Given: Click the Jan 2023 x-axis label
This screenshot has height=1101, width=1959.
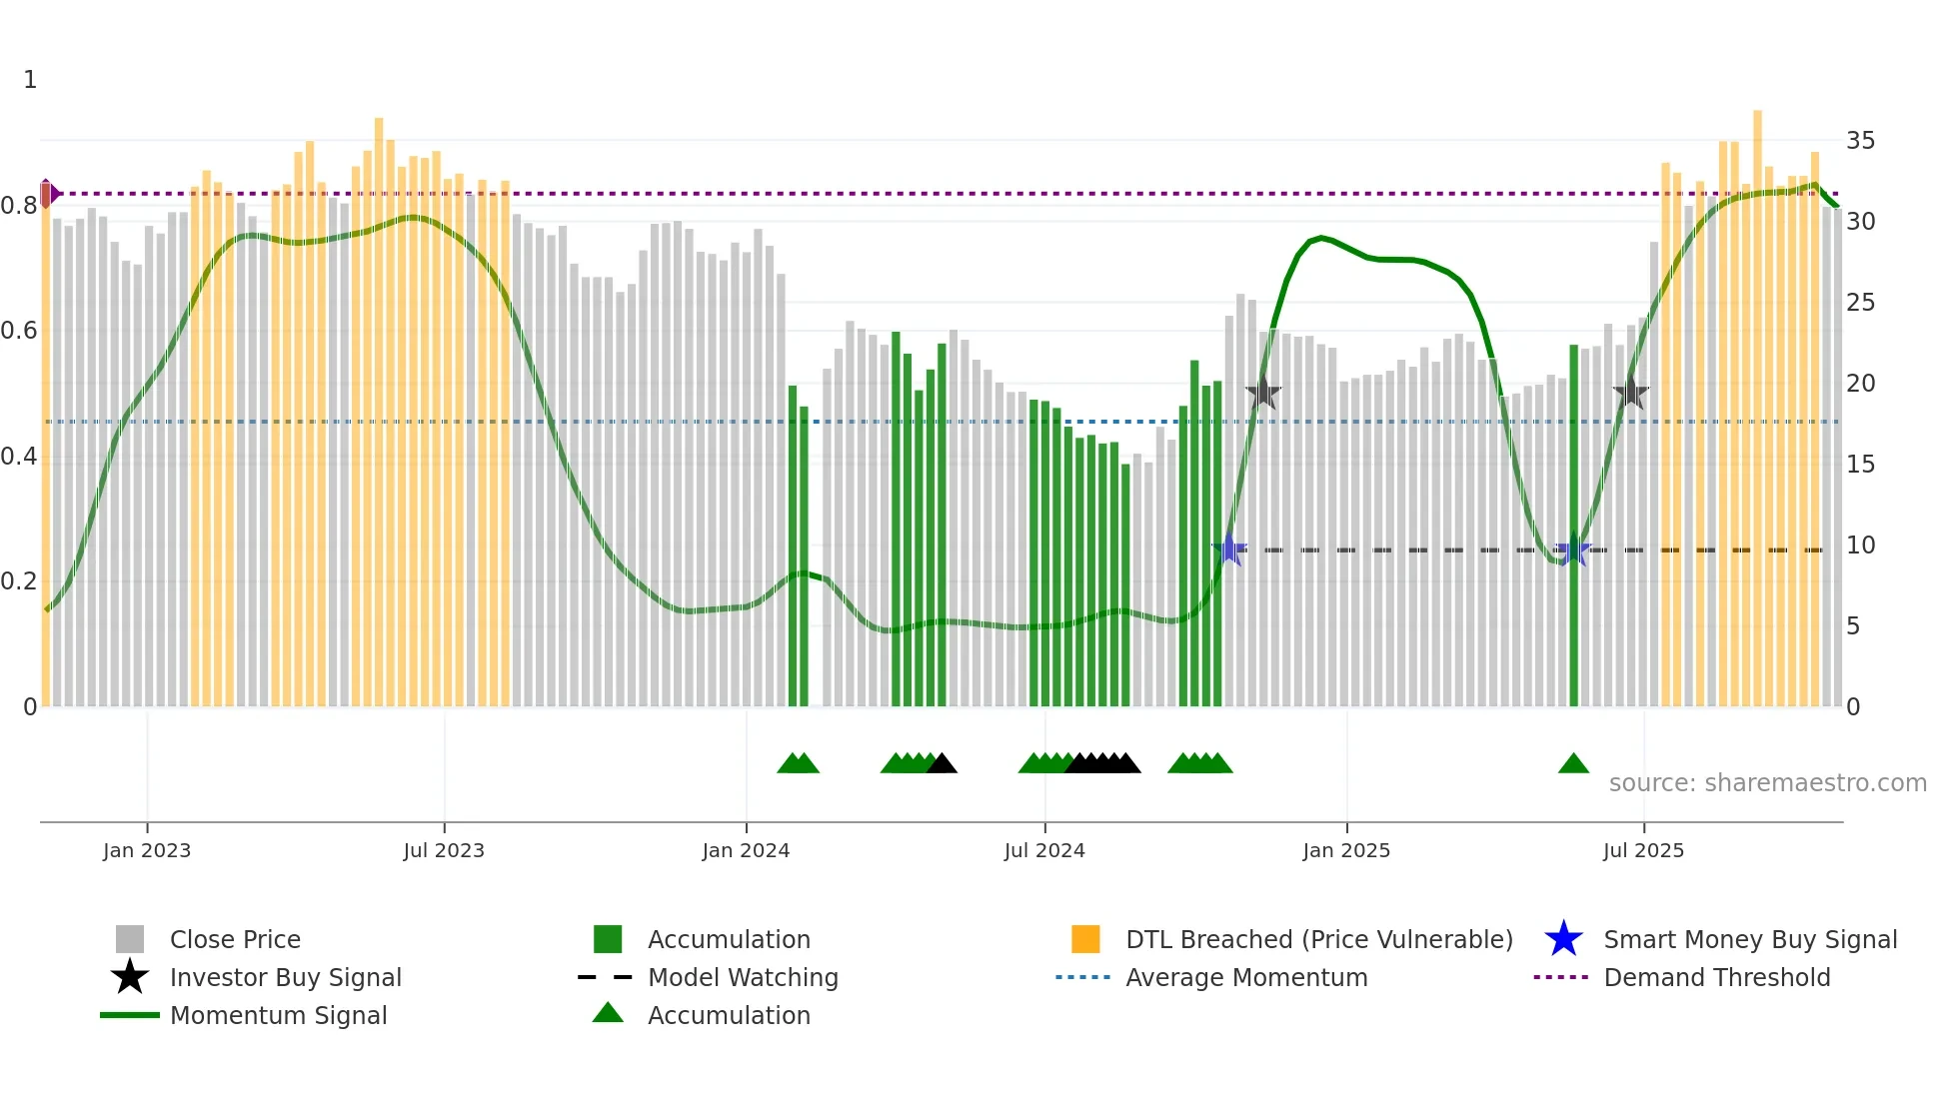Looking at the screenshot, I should (x=147, y=850).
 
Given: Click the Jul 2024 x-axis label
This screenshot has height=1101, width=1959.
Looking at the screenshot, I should (x=1044, y=850).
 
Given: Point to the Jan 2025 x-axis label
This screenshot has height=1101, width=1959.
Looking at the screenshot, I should (x=1346, y=850).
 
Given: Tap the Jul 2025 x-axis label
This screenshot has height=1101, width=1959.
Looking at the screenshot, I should (x=1643, y=850).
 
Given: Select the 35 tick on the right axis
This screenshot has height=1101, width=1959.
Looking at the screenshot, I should (x=1860, y=141).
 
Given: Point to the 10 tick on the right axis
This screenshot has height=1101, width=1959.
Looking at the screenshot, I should (x=1860, y=546).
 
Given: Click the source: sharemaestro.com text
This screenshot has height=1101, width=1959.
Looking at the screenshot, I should (x=1767, y=783).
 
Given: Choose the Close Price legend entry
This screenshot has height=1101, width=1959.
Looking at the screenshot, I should (x=235, y=939).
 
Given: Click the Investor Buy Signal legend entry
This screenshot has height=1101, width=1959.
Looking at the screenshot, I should (x=285, y=977).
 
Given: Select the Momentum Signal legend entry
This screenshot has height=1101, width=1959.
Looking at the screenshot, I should (x=278, y=1015).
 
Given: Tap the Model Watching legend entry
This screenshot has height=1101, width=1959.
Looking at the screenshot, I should (x=743, y=977).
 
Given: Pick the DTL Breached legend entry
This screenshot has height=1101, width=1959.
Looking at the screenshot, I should (x=1318, y=939).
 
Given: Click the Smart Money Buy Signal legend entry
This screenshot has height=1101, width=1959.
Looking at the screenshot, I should (x=1749, y=939).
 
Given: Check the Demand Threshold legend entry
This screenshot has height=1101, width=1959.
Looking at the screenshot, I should (x=1716, y=977).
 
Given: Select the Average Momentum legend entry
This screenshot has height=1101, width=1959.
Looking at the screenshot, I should (x=1246, y=977).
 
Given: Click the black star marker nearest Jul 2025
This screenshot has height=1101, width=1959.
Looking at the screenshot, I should (x=1630, y=393).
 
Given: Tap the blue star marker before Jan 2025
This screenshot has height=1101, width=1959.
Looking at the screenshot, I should (x=1229, y=550).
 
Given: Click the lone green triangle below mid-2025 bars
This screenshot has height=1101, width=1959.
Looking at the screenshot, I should (x=1573, y=764).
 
